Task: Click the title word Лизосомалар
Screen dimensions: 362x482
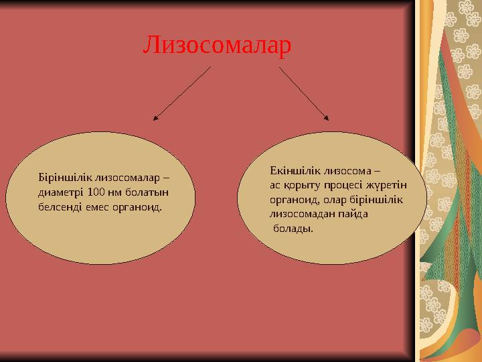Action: [218, 45]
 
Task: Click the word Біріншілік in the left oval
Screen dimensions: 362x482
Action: [66, 178]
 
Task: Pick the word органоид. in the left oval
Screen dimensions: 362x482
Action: [139, 207]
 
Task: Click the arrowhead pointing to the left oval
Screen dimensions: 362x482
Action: [156, 119]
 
